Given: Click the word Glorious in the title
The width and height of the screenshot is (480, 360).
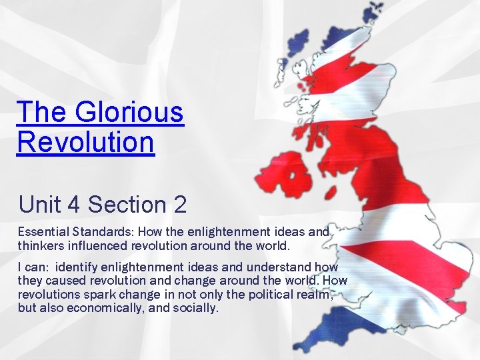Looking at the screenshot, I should [x=129, y=112].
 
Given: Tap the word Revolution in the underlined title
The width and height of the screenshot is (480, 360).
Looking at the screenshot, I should [x=86, y=141].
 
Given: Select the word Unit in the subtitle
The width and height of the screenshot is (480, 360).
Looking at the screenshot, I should [x=39, y=204].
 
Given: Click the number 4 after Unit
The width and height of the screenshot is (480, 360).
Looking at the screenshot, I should [x=73, y=204].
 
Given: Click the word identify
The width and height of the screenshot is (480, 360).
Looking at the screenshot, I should [x=78, y=267].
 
